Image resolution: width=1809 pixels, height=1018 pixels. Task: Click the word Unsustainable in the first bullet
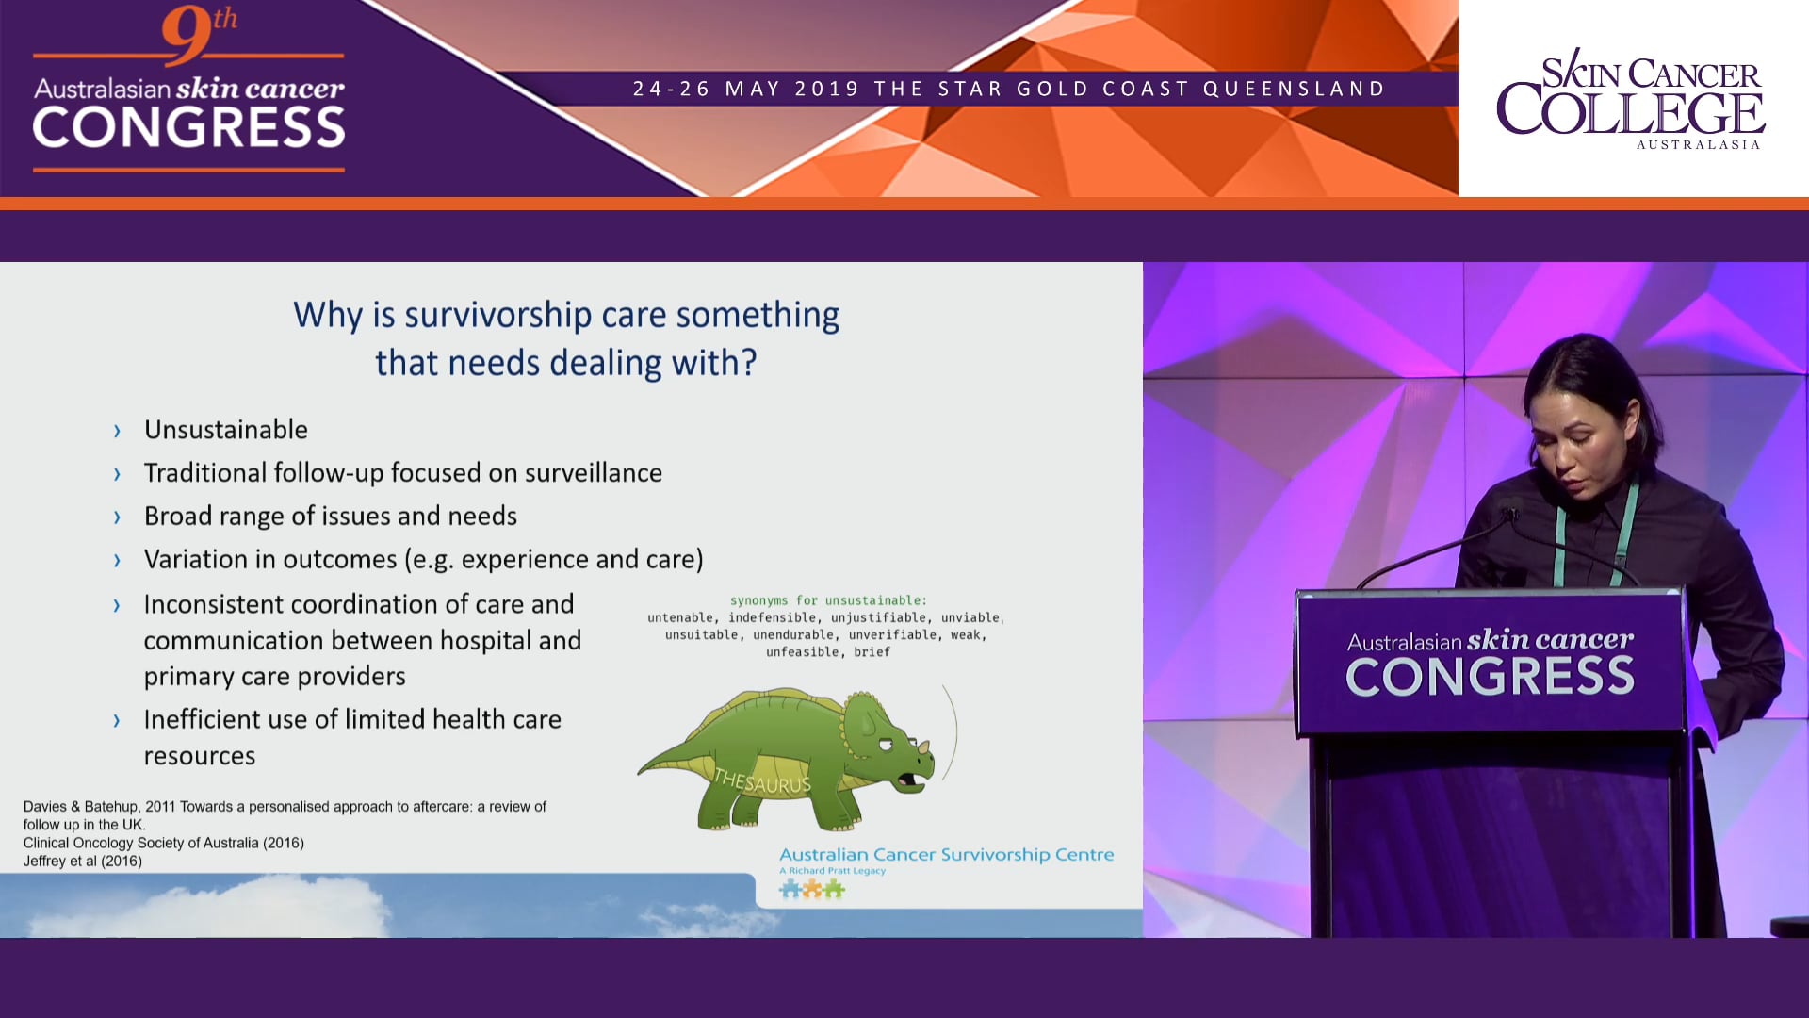225,430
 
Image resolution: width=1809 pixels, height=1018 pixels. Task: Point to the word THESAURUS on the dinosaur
761,781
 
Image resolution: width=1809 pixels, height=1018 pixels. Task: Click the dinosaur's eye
886,744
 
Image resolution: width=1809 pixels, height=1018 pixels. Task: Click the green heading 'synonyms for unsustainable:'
828,600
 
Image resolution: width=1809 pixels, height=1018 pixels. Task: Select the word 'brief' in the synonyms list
872,652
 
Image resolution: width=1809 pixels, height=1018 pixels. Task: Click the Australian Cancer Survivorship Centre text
946,855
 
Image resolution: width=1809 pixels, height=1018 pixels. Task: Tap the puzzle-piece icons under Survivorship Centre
811,889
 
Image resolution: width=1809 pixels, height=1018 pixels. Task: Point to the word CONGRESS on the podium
1490,677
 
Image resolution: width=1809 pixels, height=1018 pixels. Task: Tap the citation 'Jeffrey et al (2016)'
83,862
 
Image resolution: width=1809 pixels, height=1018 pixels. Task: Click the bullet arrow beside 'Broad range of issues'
117,517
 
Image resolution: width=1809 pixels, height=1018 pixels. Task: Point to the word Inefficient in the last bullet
202,720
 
